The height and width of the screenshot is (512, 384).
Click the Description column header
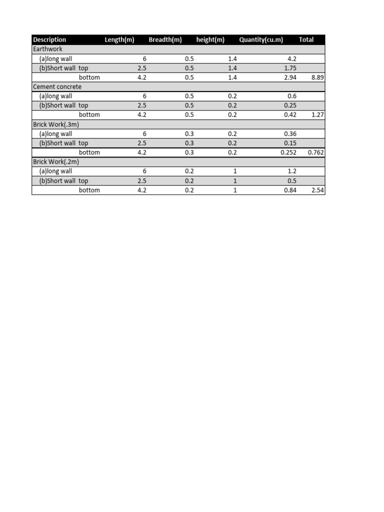click(49, 39)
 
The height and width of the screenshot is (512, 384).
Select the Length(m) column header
click(119, 39)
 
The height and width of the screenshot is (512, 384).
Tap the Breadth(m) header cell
click(165, 39)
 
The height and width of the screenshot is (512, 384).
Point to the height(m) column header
click(210, 39)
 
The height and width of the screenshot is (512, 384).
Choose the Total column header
click(306, 39)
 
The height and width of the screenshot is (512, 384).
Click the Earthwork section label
click(48, 49)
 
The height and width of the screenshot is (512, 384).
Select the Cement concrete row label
click(57, 86)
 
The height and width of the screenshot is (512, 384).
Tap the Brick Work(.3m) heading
click(56, 124)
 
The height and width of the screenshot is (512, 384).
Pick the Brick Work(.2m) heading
click(56, 162)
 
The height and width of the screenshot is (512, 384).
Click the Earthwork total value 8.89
click(317, 77)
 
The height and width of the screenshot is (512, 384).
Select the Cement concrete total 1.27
click(317, 115)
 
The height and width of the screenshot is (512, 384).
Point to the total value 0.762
click(316, 152)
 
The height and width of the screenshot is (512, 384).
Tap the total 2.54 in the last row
click(317, 190)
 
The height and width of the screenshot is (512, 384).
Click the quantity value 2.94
click(290, 77)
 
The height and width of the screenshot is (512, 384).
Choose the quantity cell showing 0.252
click(288, 152)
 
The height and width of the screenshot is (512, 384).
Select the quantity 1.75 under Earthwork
click(290, 68)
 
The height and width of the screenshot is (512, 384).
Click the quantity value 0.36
click(290, 134)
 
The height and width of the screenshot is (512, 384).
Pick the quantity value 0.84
click(290, 190)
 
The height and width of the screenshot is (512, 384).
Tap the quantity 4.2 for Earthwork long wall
click(292, 58)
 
